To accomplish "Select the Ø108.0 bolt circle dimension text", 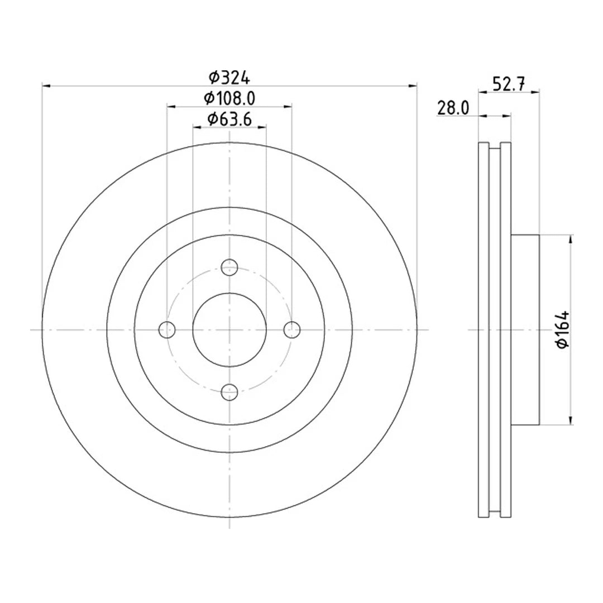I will (229, 98).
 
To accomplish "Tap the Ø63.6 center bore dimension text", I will (229, 119).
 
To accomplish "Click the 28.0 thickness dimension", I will (453, 108).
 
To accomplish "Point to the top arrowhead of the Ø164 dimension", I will (570, 240).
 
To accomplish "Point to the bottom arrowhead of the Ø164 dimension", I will (570, 420).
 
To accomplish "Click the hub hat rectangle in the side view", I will (525, 330).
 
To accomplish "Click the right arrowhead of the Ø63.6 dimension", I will (262, 127).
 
